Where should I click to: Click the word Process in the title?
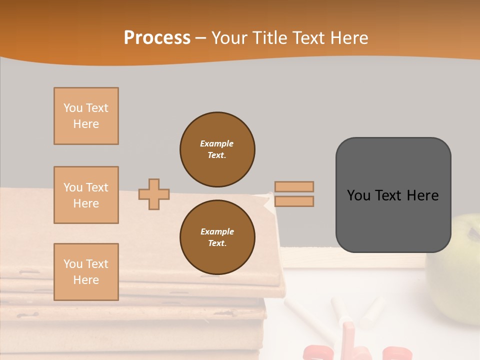click(x=157, y=37)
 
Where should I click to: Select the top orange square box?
click(x=86, y=116)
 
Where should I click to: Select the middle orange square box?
click(x=86, y=195)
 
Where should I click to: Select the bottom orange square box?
click(x=86, y=272)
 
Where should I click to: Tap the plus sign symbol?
click(x=153, y=194)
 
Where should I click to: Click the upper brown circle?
click(x=217, y=149)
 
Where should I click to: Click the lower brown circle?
click(x=217, y=237)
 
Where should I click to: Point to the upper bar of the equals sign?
click(x=294, y=186)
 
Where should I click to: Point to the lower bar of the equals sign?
click(x=294, y=201)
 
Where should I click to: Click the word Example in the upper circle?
click(x=216, y=143)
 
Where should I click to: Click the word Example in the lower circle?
click(x=216, y=231)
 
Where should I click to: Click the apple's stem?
click(x=472, y=232)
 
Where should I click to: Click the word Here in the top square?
click(x=86, y=124)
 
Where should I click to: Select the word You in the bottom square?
click(x=72, y=264)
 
